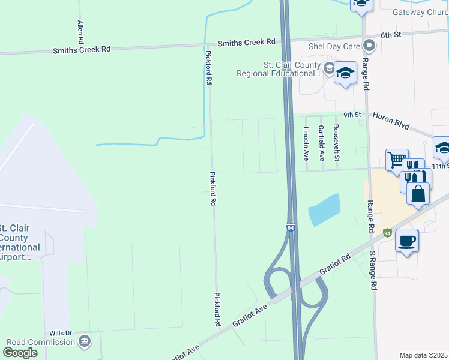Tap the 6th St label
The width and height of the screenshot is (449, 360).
(390, 35)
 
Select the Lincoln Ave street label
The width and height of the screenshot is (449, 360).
(306, 143)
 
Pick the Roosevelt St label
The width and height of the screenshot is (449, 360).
(337, 143)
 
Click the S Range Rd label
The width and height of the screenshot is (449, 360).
(372, 269)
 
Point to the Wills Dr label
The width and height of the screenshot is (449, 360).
(61, 333)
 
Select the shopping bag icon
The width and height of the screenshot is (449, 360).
(418, 194)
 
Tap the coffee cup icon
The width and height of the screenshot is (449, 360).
(407, 241)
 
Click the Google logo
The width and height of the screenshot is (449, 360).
(20, 353)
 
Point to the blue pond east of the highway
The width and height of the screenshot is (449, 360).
(324, 210)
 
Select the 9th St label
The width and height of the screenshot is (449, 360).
(352, 114)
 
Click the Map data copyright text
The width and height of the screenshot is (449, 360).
(424, 355)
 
